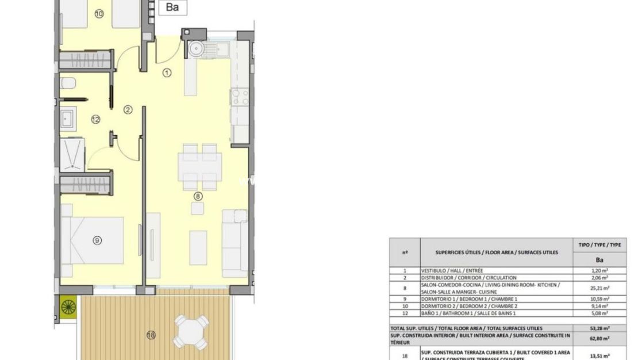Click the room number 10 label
click(99, 14)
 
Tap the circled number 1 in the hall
click(167, 72)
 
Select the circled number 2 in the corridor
click(128, 109)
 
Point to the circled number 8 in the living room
click(198, 196)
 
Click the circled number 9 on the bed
click(97, 240)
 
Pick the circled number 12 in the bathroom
click(95, 120)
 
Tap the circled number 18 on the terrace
click(151, 335)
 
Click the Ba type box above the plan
click(172, 7)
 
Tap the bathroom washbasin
click(67, 120)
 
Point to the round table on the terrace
click(190, 332)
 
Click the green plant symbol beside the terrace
click(68, 307)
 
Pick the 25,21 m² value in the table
click(599, 288)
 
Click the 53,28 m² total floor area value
click(599, 328)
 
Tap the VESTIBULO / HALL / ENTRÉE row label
click(452, 270)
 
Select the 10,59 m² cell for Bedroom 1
click(599, 299)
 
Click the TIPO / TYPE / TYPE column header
click(599, 245)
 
